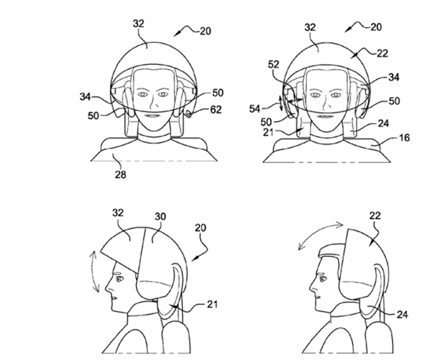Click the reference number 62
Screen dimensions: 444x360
(x=215, y=109)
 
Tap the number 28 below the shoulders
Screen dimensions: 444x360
(x=120, y=175)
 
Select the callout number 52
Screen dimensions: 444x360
(x=273, y=65)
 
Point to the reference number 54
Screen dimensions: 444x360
(x=254, y=108)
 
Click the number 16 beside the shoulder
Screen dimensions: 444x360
(x=404, y=138)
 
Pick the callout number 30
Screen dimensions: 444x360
(x=160, y=217)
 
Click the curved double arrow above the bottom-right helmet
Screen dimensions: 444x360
(x=321, y=235)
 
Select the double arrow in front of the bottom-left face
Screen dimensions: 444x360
(x=94, y=272)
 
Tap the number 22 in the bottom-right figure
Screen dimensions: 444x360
(x=376, y=215)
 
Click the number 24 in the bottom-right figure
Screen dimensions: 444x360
(x=402, y=314)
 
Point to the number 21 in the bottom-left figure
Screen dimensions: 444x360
(x=212, y=304)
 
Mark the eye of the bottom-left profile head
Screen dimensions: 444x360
(x=118, y=279)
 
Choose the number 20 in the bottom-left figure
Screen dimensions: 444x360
(x=200, y=227)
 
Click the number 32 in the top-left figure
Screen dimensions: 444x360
(x=138, y=23)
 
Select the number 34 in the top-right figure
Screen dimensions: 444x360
(x=394, y=77)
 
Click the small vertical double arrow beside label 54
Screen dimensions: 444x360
(x=281, y=103)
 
